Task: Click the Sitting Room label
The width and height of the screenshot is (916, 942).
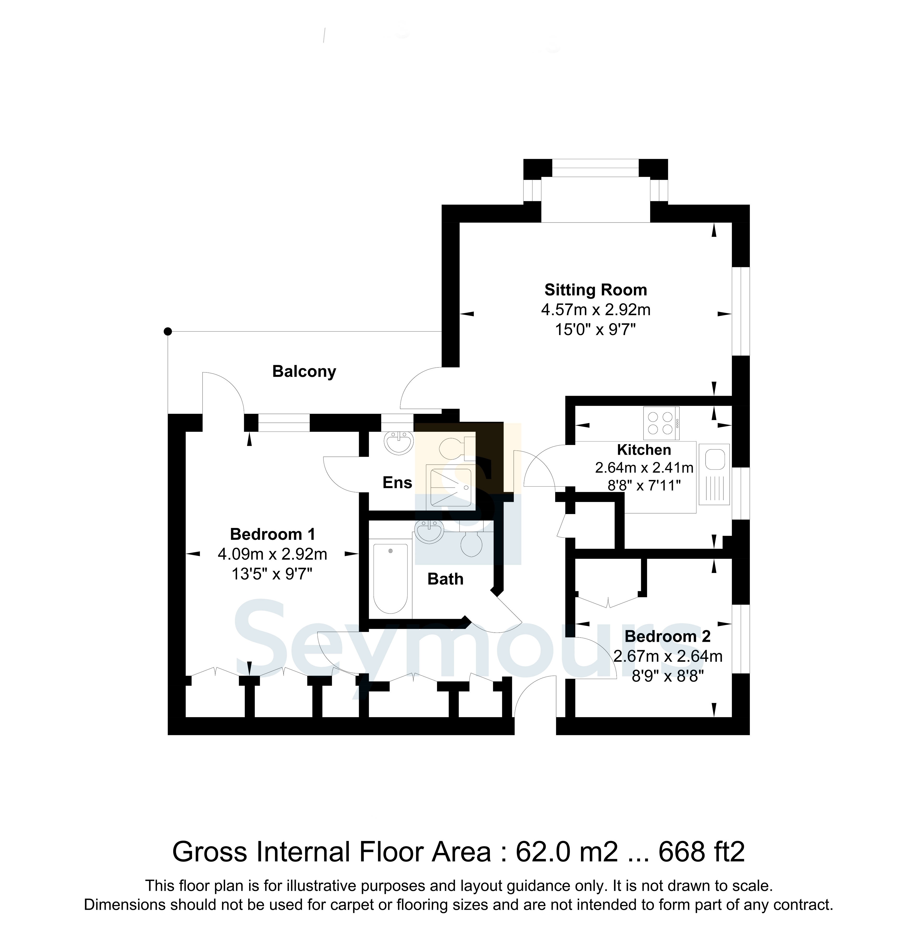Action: point(596,290)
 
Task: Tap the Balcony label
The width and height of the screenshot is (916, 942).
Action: point(304,371)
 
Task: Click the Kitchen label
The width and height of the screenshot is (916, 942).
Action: point(644,450)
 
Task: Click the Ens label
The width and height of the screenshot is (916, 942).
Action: point(397,483)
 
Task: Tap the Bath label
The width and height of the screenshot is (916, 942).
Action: point(445,579)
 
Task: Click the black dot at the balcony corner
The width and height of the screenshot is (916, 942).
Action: point(167,331)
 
